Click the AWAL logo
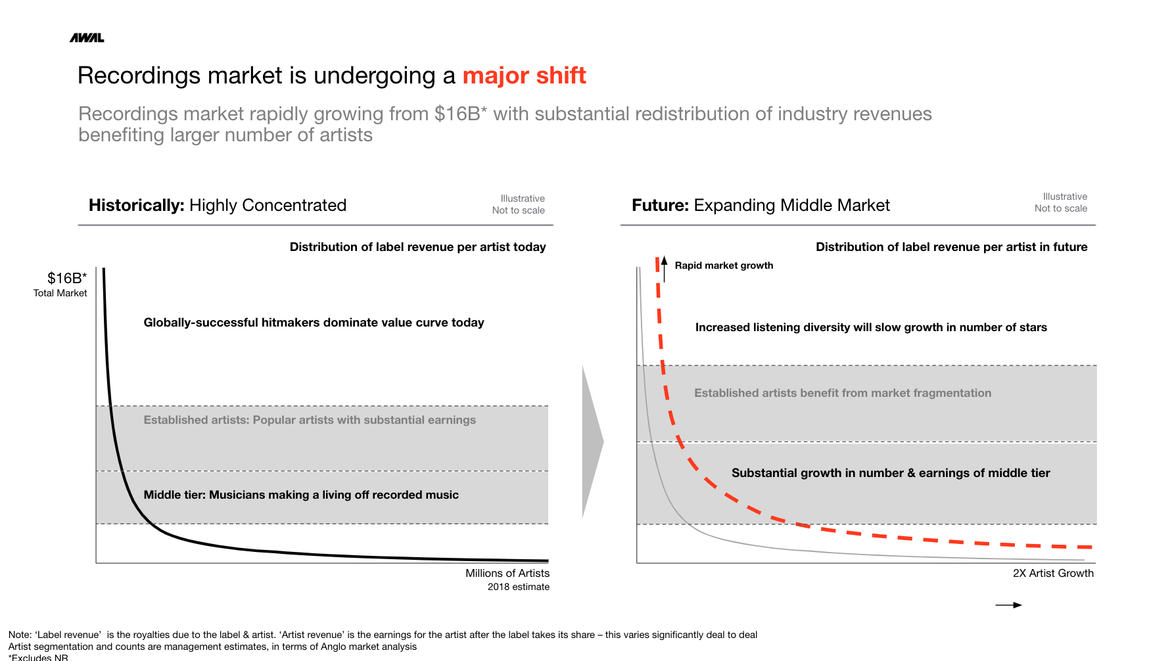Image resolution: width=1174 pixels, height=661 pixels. click(x=87, y=38)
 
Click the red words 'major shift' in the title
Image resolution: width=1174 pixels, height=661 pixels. click(x=524, y=76)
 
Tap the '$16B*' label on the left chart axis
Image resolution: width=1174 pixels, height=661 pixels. click(x=67, y=278)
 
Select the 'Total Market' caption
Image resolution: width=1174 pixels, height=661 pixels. click(x=60, y=293)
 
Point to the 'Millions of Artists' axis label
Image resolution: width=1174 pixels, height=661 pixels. click(x=507, y=573)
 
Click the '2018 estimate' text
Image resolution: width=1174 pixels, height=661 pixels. click(x=518, y=587)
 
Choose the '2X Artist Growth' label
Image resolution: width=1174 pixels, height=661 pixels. click(x=1053, y=573)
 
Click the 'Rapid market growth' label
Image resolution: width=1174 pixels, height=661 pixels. click(x=724, y=265)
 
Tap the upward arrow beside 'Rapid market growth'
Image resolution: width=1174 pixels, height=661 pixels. click(x=665, y=268)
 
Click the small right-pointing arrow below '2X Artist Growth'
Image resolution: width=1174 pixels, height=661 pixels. click(x=1009, y=605)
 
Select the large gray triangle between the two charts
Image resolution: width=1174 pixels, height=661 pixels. click(x=592, y=442)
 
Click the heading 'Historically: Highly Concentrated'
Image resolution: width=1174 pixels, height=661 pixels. click(x=218, y=205)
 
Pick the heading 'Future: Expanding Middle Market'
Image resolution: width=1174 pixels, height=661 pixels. click(x=761, y=205)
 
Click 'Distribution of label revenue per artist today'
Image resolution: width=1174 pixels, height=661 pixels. click(x=417, y=247)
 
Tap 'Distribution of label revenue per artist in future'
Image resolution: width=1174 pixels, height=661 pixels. click(x=951, y=247)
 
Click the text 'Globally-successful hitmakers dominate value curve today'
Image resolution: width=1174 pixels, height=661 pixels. click(x=314, y=323)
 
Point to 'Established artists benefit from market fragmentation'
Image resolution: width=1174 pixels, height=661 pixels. click(x=843, y=393)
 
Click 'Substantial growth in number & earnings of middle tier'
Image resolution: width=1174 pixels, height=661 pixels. click(x=891, y=473)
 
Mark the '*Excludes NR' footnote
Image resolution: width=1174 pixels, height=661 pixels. click(x=38, y=657)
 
